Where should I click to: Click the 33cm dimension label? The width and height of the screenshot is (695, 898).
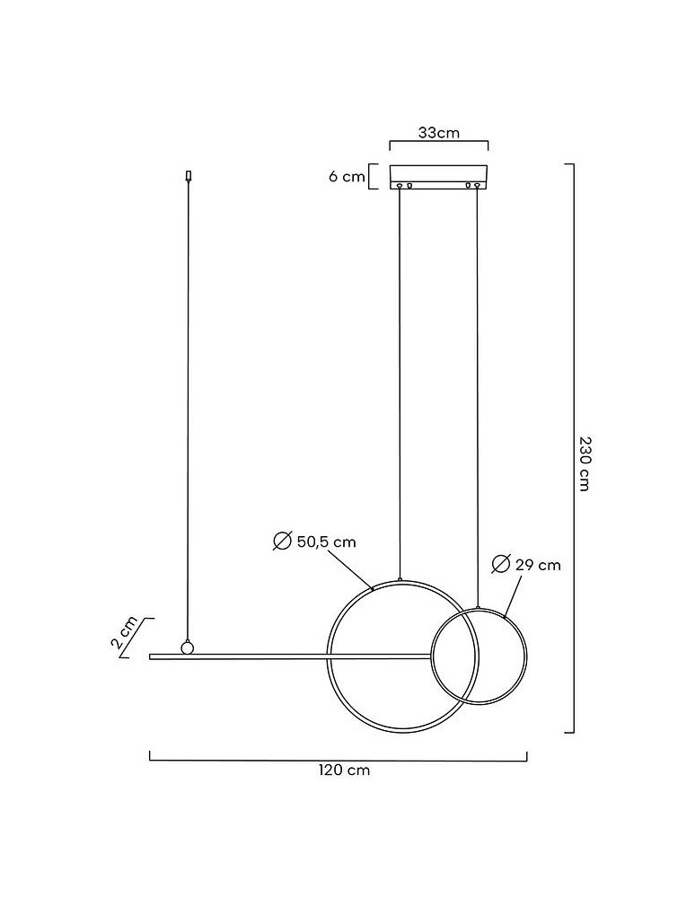pyautogui.click(x=438, y=133)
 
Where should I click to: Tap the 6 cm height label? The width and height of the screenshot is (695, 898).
pyautogui.click(x=347, y=176)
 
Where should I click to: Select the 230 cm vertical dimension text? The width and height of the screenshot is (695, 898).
pyautogui.click(x=584, y=464)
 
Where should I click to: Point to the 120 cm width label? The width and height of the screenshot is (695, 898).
pyautogui.click(x=344, y=770)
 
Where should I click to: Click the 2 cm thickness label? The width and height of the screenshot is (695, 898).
pyautogui.click(x=124, y=632)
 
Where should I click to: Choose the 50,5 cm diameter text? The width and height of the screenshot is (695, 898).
pyautogui.click(x=326, y=541)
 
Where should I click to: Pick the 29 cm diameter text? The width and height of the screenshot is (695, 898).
pyautogui.click(x=538, y=565)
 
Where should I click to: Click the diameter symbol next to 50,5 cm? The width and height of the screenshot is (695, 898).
pyautogui.click(x=282, y=541)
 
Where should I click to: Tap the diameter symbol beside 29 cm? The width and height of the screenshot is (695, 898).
pyautogui.click(x=501, y=564)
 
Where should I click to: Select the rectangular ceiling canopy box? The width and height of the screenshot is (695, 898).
pyautogui.click(x=438, y=177)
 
